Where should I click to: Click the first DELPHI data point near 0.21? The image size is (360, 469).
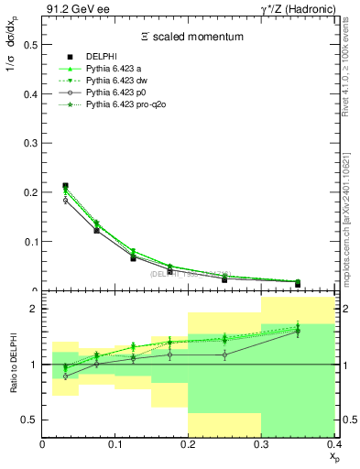tap(64, 186)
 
